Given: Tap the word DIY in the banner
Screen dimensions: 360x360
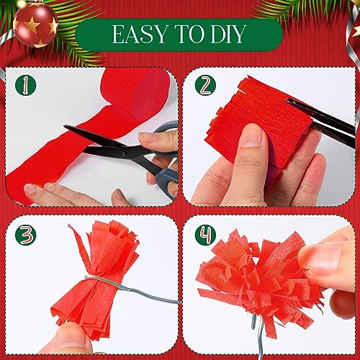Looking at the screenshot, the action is pos(228,34).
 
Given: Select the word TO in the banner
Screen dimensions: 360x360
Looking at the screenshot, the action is pos(189,34).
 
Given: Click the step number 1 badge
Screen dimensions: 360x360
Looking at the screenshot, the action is pos(25,85).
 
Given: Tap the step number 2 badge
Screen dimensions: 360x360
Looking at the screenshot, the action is pos(205,85).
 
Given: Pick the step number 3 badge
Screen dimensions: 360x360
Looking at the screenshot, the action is pos(25,235).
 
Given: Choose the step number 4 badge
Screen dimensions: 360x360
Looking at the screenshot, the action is pos(205,235).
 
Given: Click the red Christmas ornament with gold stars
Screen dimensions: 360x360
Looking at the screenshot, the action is pos(36,24).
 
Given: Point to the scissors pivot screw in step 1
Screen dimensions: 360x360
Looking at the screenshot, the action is pos(124,153).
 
